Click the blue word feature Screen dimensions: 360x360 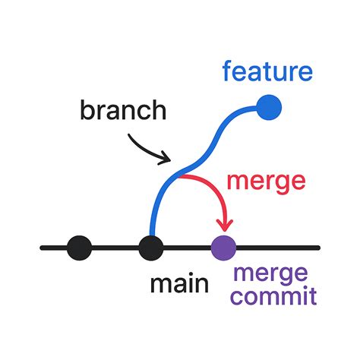pos(267,72)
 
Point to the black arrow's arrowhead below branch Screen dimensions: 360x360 pos(166,159)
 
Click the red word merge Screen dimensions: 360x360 pos(267,182)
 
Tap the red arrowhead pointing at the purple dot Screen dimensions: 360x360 pos(224,226)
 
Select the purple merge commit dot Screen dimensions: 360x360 pos(223,247)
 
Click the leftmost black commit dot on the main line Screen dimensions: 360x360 pos(80,247)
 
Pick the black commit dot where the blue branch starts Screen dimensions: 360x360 pos(151,247)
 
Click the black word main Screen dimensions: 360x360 pos(179,285)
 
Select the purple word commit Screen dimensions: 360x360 pos(271,296)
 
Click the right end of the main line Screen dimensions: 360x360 pos(317,247)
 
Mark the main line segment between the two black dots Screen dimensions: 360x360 pos(115,247)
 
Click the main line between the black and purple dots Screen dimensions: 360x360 pos(187,247)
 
